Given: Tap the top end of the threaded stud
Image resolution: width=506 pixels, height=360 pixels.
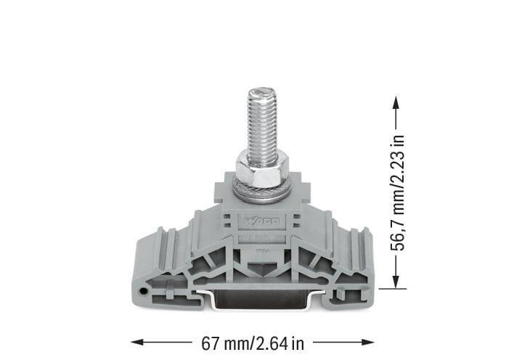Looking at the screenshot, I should [x=261, y=94].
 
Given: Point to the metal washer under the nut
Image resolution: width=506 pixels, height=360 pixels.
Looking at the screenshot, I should [x=261, y=191].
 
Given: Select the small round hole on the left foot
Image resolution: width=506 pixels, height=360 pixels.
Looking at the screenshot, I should [x=145, y=291].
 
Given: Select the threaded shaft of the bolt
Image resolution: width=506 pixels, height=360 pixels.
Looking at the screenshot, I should [x=261, y=127].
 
